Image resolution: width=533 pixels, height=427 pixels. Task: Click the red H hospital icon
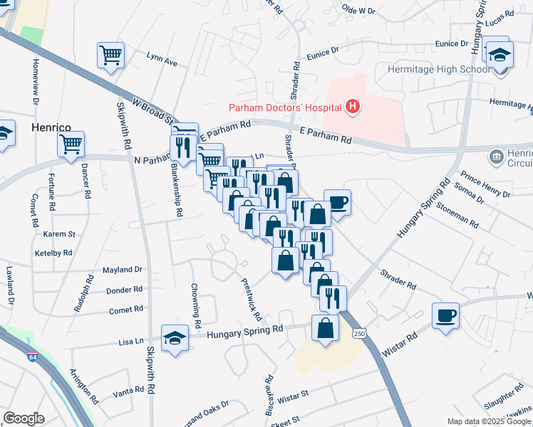tap(351, 107)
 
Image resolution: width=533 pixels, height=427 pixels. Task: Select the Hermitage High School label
tap(438, 69)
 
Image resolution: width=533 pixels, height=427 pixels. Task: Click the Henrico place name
tap(51, 127)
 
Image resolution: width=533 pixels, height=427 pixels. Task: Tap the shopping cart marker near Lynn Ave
tap(110, 55)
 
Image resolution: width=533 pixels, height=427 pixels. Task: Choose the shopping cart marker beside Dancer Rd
tap(71, 144)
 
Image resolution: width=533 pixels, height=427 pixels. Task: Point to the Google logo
tap(24, 418)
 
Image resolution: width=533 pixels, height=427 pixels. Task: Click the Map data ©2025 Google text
tap(488, 421)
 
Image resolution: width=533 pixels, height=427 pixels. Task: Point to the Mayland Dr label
tap(123, 270)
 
